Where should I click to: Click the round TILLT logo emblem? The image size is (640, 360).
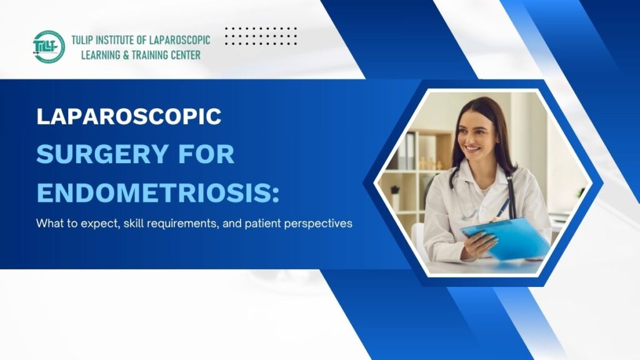(x=49, y=47)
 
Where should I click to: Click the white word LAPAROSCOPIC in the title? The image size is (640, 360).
(x=129, y=117)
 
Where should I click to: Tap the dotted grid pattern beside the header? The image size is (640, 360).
(x=261, y=36)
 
